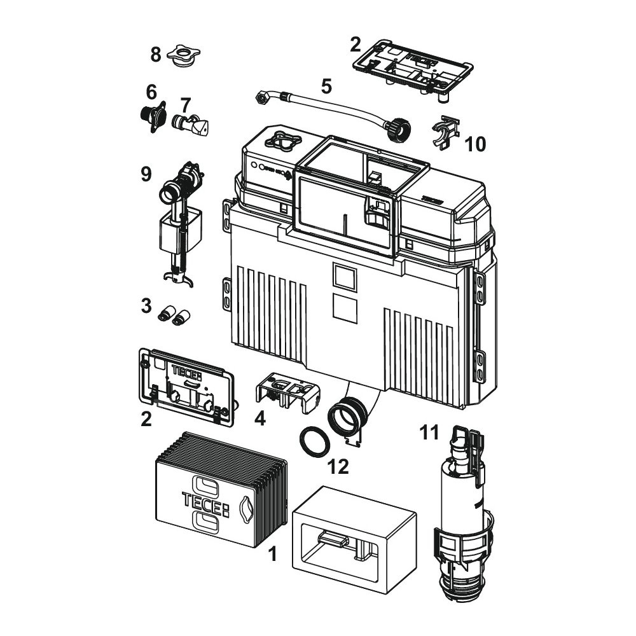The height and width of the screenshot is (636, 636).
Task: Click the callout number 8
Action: click(x=155, y=55)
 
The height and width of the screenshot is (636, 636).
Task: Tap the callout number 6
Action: click(x=151, y=92)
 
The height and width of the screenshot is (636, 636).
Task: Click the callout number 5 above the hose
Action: click(x=326, y=86)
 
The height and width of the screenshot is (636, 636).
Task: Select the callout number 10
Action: click(x=475, y=144)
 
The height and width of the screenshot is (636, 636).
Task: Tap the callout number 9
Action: click(x=146, y=174)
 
